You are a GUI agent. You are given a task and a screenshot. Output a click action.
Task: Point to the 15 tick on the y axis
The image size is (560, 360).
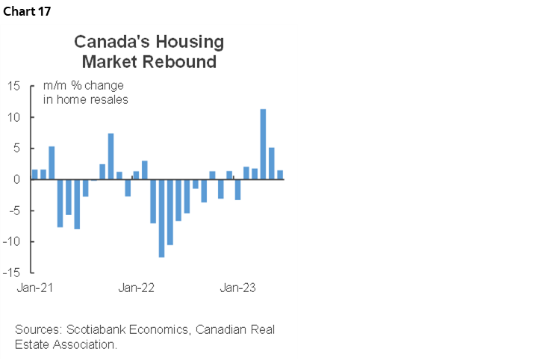coord(14,86)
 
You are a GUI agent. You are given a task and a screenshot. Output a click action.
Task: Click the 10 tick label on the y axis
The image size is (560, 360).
coord(14,117)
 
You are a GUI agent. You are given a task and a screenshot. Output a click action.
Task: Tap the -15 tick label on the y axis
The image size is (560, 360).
coord(12,273)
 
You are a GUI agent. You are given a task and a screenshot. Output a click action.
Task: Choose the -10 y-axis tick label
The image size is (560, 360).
coord(12,242)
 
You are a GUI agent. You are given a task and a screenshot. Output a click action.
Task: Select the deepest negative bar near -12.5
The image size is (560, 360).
coord(161,218)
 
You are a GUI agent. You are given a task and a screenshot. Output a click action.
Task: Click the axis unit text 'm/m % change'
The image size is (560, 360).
coord(84,85)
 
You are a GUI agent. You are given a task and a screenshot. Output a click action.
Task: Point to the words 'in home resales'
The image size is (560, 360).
coord(86,99)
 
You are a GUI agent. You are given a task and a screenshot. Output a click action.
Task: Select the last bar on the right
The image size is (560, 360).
coord(279,175)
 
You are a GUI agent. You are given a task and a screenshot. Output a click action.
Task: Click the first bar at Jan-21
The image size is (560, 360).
coord(35,175)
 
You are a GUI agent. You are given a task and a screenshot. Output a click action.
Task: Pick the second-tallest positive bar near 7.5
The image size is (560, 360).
coord(111,156)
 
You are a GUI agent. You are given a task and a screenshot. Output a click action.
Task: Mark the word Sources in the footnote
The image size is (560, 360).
coord(38,329)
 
